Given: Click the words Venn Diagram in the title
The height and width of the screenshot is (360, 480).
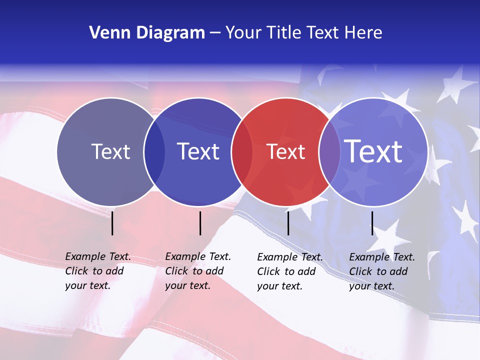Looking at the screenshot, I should click(x=147, y=33).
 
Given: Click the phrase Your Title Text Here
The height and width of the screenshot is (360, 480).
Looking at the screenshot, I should click(x=303, y=33).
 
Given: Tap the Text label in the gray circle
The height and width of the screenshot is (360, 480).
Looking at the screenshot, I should click(x=110, y=151).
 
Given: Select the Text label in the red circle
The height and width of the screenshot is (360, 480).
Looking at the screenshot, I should click(x=285, y=151).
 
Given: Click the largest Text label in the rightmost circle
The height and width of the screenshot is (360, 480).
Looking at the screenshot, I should click(x=373, y=151).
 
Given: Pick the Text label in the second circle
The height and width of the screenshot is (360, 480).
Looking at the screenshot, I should click(x=198, y=151).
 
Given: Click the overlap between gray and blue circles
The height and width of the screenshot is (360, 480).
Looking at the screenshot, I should click(x=154, y=152).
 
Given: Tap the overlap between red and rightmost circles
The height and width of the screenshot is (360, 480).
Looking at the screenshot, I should click(x=329, y=152).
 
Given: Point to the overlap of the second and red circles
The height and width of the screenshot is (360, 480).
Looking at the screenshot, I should click(x=242, y=152).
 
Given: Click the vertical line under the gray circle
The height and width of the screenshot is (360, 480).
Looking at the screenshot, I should click(x=112, y=223).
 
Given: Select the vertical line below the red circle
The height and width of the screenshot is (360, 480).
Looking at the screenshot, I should click(x=288, y=223).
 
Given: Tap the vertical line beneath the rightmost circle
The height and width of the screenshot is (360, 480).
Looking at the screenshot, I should click(x=372, y=223).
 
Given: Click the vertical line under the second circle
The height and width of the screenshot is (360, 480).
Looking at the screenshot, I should click(x=200, y=223).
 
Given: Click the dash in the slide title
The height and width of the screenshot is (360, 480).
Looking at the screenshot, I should click(x=215, y=33).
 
